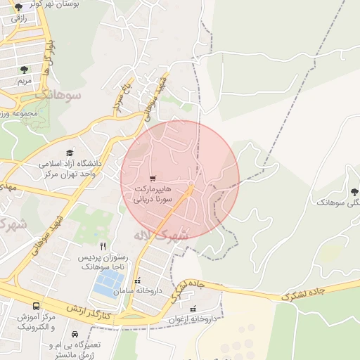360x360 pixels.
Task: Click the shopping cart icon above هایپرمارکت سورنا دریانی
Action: pyautogui.click(x=153, y=178)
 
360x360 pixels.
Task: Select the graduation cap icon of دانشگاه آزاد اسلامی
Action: pyautogui.click(x=70, y=153)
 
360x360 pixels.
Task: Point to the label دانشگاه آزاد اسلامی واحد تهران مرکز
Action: pyautogui.click(x=70, y=169)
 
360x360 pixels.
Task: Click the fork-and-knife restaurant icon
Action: pyautogui.click(x=103, y=246)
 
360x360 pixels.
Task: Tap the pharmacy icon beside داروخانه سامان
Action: pyautogui.click(x=138, y=281)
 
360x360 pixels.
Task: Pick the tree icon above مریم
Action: pyautogui.click(x=25, y=69)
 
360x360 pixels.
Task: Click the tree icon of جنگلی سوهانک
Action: pyautogui.click(x=354, y=191)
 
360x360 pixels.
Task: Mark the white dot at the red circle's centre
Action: pyautogui.click(x=190, y=184)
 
